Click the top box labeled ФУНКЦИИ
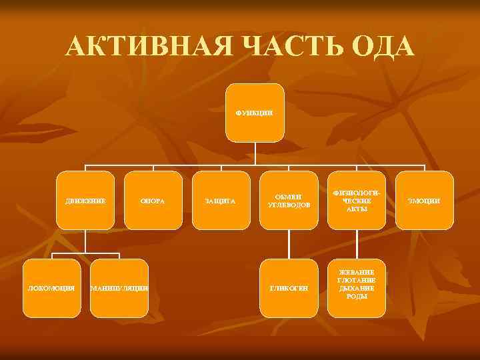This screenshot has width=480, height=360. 254,113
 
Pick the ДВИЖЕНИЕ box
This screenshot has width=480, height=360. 85,200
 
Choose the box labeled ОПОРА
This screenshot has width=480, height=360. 153,200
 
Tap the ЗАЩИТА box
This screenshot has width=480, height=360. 220,200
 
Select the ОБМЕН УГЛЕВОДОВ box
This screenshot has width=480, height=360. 289,200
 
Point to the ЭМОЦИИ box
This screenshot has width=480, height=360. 425,200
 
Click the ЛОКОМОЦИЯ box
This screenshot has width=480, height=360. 51,287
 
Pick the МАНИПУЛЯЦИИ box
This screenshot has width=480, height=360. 119,287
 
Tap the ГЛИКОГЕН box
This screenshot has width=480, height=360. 289,287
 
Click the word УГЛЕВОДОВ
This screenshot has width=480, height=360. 289,205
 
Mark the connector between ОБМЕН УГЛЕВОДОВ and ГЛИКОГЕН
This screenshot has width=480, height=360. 289,244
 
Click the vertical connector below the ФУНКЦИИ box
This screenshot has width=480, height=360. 254,153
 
